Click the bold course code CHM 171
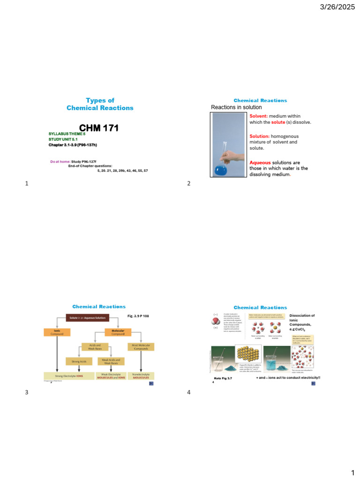pos(99,128)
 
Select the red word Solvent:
pos(259,116)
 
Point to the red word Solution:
pos(260,135)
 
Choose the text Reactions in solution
pos(236,107)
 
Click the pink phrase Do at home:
pos(60,161)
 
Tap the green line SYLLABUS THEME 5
pos(67,134)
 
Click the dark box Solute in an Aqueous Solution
pos(88,318)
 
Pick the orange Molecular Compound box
pos(118,332)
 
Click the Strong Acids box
pos(78,361)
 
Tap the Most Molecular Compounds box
pos(141,347)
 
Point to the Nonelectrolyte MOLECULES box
pos(141,376)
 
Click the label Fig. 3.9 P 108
pos(139,315)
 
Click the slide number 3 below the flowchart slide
pos(27,392)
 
